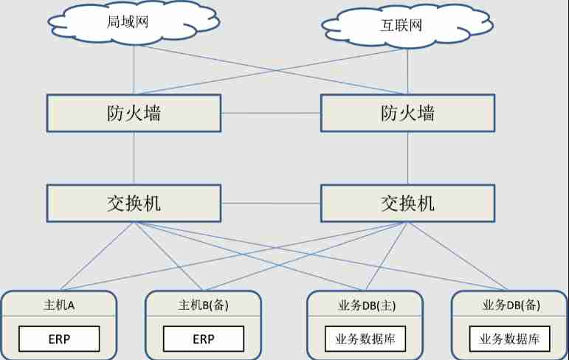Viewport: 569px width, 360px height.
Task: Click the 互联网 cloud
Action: point(404,27)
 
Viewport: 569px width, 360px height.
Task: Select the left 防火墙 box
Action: point(134,113)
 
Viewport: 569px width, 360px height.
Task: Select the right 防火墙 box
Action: point(407,113)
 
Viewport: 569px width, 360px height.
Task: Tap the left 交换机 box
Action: point(134,203)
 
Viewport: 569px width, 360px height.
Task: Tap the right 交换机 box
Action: point(407,203)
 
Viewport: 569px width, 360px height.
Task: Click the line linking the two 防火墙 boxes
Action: point(270,113)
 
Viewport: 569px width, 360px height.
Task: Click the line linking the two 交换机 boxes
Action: point(270,203)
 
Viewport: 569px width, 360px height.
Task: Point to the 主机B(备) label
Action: point(203,304)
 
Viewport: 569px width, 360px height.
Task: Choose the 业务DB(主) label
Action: point(365,304)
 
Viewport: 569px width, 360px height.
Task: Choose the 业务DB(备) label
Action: point(509,304)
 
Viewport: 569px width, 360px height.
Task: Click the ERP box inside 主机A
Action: point(59,339)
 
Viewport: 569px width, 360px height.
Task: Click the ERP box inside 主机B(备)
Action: point(203,339)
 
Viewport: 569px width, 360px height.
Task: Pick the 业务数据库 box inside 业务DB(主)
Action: point(365,339)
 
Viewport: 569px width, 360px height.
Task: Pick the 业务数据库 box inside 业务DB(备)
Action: point(509,339)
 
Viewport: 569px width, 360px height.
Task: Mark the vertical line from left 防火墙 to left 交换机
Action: point(134,158)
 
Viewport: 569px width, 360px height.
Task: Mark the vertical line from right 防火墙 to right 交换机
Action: point(408,158)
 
